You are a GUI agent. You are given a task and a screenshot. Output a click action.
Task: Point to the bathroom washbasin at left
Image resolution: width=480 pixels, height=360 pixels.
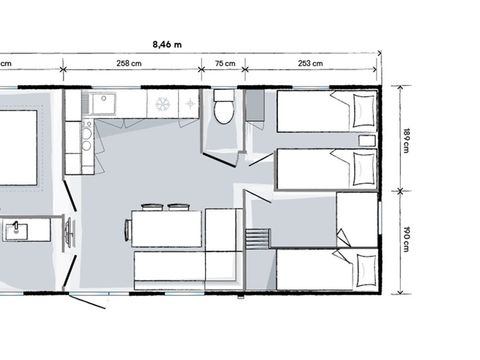point(17,231)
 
